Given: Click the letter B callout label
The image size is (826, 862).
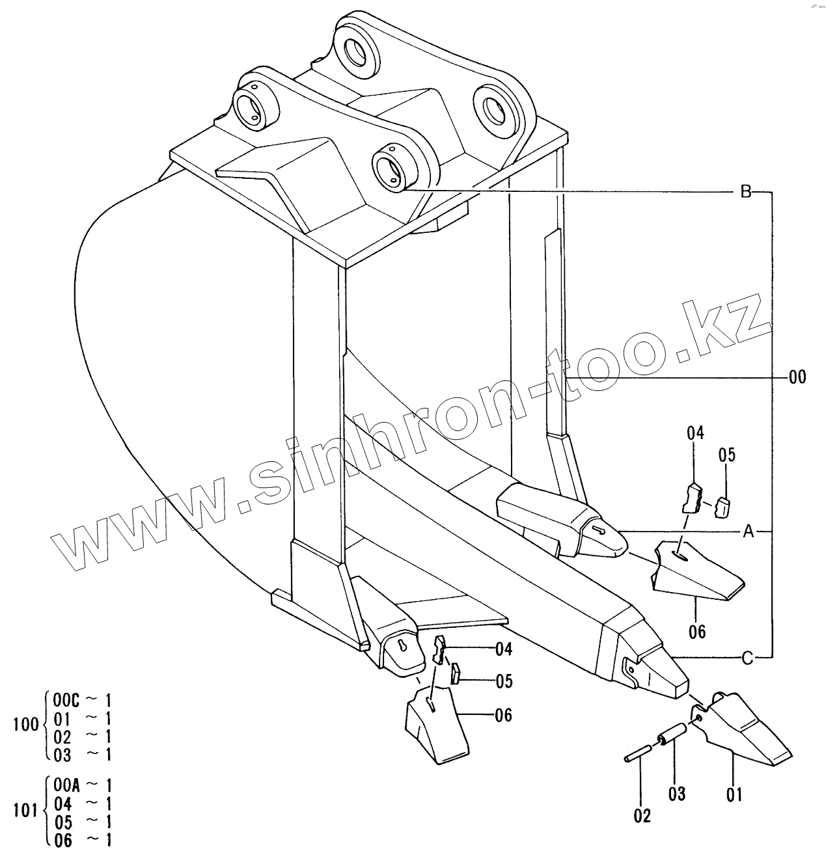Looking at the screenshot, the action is click(747, 192).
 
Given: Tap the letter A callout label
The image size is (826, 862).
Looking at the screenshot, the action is click(748, 532).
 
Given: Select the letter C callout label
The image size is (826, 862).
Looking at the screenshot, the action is click(747, 658).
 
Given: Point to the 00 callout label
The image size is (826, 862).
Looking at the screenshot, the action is click(796, 377).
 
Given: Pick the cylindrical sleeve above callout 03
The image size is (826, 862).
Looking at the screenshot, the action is click(673, 733).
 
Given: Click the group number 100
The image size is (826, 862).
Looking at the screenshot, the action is click(26, 725).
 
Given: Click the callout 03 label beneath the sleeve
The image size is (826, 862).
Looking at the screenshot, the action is click(677, 794).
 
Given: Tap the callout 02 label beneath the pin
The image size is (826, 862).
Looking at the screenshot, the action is click(642, 815).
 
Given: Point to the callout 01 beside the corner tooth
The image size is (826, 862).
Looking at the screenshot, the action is click(734, 794).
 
